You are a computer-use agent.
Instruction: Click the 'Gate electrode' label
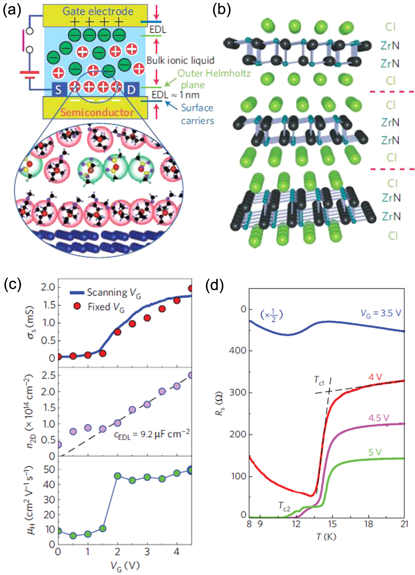point(98,11)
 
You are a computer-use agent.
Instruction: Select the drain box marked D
point(131,90)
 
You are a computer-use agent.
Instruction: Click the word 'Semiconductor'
point(97,112)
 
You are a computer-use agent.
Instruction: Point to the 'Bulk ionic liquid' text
point(180,60)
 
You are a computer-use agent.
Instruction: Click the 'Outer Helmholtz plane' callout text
point(214,79)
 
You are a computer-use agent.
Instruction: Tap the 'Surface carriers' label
point(197,114)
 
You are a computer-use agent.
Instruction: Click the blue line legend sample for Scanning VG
point(77,293)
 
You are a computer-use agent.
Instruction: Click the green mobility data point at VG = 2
point(118,476)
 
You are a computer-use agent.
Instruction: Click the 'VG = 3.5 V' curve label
point(381,313)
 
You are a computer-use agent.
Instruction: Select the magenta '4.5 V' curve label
point(378,418)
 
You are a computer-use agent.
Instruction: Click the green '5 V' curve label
point(375,452)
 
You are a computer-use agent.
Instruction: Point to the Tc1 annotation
point(319,380)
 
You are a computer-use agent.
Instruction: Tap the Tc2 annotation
point(284,506)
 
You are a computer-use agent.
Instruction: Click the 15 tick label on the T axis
point(332,524)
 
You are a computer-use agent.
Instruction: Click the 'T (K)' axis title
point(326,536)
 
